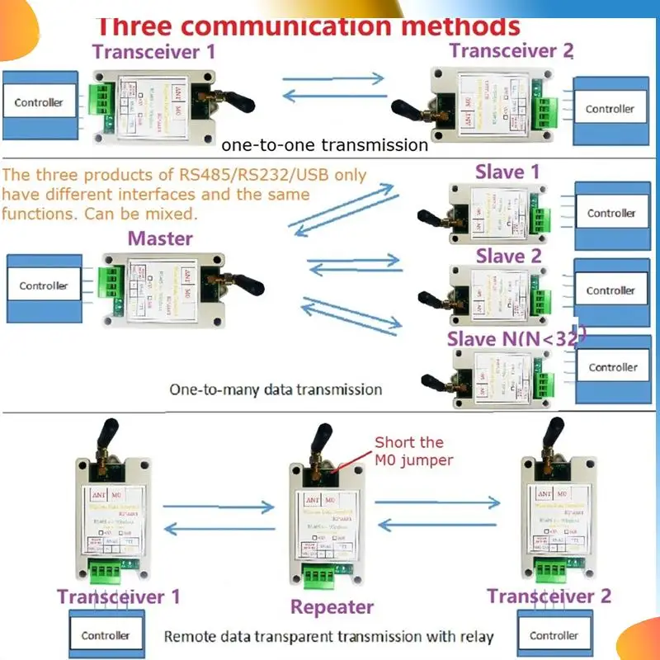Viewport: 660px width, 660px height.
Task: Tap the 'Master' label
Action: coord(160,239)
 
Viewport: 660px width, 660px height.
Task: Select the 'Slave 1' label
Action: coord(507,172)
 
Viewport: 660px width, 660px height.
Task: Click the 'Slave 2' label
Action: coord(508,257)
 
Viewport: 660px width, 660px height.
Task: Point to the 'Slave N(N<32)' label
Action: coord(516,337)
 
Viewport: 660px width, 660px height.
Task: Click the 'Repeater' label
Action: coord(332,607)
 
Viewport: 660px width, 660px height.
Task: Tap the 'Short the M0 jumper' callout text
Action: coord(413,451)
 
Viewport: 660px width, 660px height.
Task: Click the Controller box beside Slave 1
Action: coord(611,213)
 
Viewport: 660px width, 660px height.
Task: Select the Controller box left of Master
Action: coord(44,285)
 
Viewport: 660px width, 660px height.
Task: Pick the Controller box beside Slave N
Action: coord(613,367)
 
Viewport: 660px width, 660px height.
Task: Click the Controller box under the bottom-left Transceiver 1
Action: coord(106,635)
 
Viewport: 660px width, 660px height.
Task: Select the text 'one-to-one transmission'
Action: coord(324,145)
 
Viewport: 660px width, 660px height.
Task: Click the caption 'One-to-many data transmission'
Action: coord(276,389)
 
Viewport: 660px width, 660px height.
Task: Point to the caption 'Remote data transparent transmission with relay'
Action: coord(328,636)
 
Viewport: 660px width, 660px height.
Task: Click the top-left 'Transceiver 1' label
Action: coord(153,51)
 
